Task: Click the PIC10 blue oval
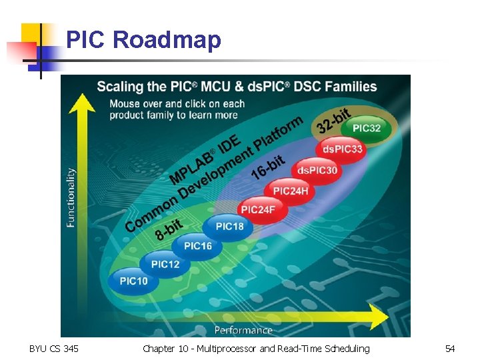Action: coord(134,281)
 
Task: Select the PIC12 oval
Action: coord(165,264)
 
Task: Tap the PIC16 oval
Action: coord(198,246)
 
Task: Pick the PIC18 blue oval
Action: coord(229,227)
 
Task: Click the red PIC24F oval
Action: coord(258,209)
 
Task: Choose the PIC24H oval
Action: coord(290,191)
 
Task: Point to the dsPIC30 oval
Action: coord(317,171)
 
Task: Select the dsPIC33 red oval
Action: coord(343,149)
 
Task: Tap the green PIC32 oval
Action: coord(366,128)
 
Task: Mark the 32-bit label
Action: coord(333,119)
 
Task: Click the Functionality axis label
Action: coord(71,197)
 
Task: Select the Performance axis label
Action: coord(243,330)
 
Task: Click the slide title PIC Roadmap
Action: coord(143,40)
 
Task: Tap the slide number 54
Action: coord(450,349)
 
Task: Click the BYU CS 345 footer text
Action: coord(53,349)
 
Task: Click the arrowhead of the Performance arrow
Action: coord(378,316)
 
